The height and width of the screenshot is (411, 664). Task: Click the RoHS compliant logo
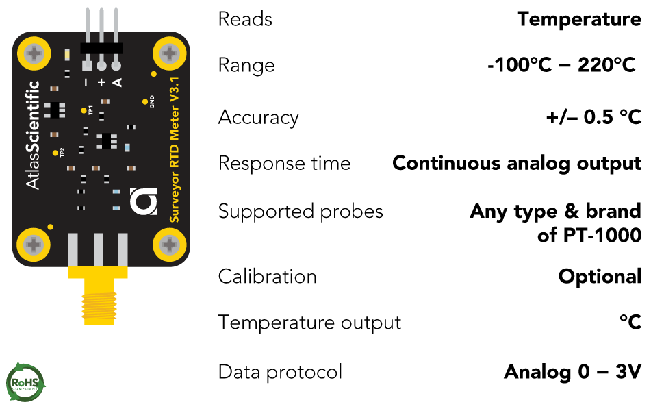tap(25, 381)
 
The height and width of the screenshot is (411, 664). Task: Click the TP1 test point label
tap(90, 110)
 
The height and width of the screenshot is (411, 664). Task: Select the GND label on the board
tap(152, 102)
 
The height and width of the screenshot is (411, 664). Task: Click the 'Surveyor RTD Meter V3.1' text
tap(174, 149)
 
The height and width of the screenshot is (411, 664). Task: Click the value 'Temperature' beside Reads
tap(579, 19)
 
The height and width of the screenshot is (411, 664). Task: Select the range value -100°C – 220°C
tap(562, 66)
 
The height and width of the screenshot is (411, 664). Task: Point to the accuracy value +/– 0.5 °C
tap(593, 117)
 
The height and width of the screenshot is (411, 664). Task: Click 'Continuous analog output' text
tap(517, 164)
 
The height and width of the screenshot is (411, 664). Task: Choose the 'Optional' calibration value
tap(600, 277)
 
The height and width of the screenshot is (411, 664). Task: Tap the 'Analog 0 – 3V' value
tap(572, 372)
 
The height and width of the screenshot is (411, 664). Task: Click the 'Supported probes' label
tap(301, 212)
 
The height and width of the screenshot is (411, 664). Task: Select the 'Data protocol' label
tap(280, 372)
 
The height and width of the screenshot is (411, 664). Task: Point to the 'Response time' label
tap(284, 164)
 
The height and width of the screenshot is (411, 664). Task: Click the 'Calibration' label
tap(268, 277)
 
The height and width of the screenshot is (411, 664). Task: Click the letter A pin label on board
tap(117, 82)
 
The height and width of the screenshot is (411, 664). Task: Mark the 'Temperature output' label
tap(309, 322)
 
